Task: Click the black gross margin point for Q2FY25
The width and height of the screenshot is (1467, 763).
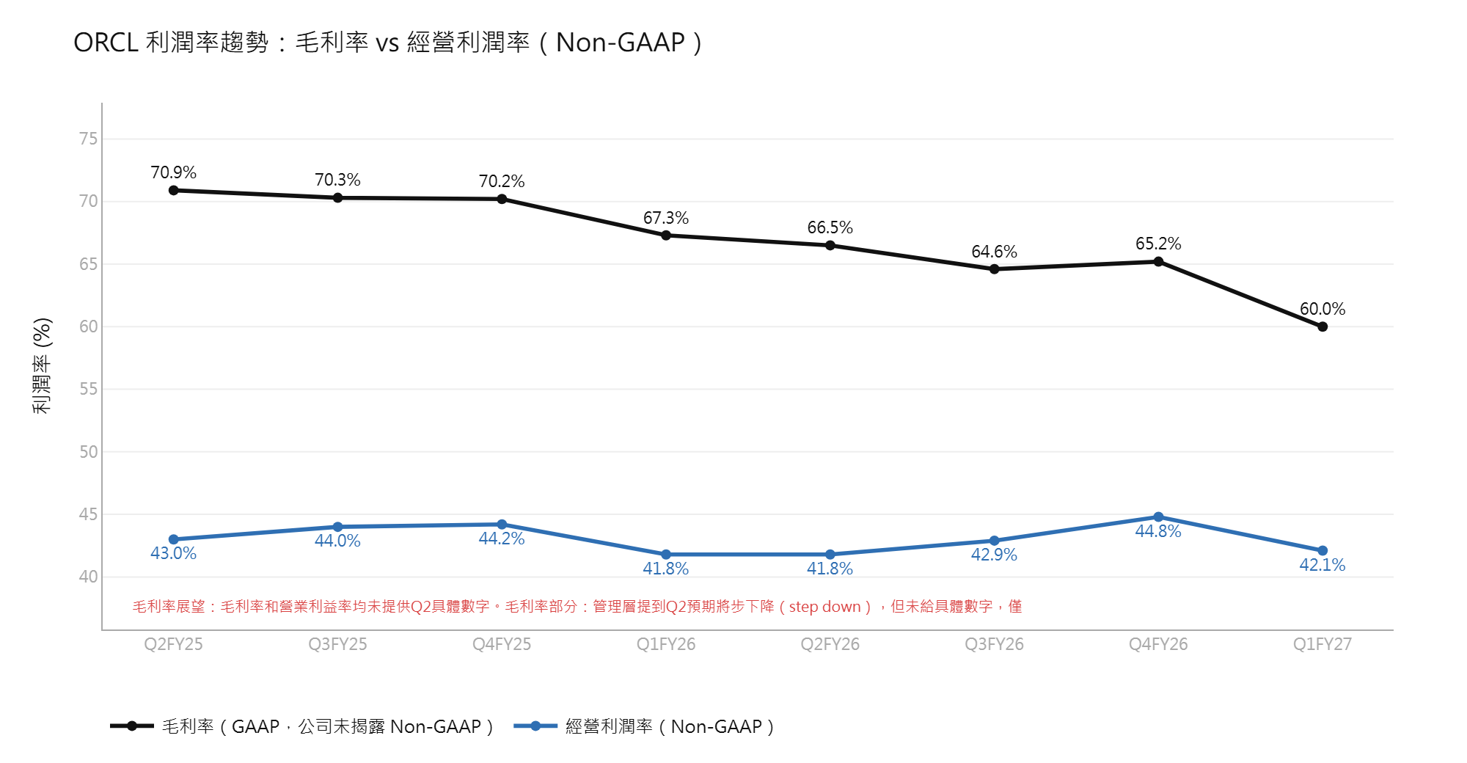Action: pyautogui.click(x=174, y=191)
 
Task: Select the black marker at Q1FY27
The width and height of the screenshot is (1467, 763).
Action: pyautogui.click(x=1323, y=327)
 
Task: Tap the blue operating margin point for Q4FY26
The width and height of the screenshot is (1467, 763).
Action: pyautogui.click(x=1158, y=517)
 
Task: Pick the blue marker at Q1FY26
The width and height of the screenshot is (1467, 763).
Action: pyautogui.click(x=666, y=555)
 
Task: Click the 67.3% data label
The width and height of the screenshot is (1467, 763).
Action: pyautogui.click(x=666, y=218)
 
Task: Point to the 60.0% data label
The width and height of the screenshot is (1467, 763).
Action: pyautogui.click(x=1323, y=309)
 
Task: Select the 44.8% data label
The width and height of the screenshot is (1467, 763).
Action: pyautogui.click(x=1158, y=531)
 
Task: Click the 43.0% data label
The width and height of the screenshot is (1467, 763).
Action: pyautogui.click(x=174, y=553)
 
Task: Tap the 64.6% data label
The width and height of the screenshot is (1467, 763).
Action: pyautogui.click(x=994, y=252)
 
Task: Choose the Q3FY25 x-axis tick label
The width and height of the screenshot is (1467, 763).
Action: pyautogui.click(x=337, y=644)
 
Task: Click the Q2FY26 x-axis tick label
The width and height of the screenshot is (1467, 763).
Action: pyautogui.click(x=830, y=644)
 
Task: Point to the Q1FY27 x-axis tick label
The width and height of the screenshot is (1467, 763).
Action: pyautogui.click(x=1323, y=644)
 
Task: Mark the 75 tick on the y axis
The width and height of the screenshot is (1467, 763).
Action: pyautogui.click(x=88, y=139)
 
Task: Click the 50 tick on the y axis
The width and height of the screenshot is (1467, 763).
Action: pyautogui.click(x=88, y=452)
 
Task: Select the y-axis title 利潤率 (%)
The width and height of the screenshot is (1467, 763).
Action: pyautogui.click(x=43, y=366)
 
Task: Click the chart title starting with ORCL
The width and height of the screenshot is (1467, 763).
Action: pyautogui.click(x=388, y=43)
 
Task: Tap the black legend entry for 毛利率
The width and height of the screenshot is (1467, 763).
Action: pyautogui.click(x=301, y=726)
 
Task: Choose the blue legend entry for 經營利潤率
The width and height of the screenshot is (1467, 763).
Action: pyautogui.click(x=644, y=726)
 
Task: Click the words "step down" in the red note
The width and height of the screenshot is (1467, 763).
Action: pyautogui.click(x=824, y=607)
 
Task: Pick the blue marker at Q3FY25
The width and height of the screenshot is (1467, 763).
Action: pyautogui.click(x=337, y=527)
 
